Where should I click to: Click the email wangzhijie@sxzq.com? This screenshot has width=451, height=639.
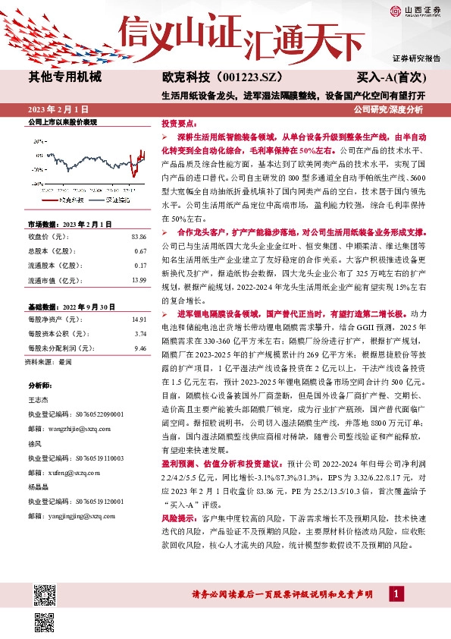[81, 427]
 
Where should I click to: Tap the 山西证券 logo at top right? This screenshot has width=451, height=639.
[415, 10]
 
